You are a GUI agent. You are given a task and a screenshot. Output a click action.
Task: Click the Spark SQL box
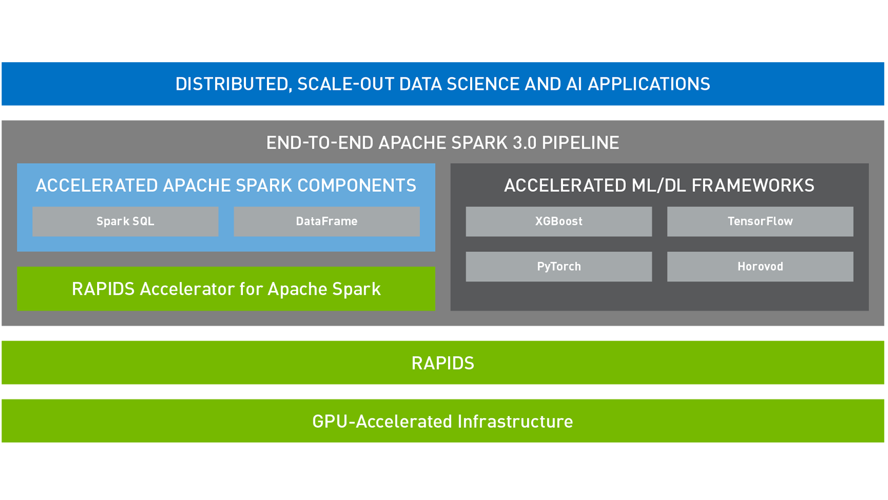[125, 221]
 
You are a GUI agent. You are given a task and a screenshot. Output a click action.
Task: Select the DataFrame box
[326, 221]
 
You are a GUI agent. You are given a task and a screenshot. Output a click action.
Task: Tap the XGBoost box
[558, 221]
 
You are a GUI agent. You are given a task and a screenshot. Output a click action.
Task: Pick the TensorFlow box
[760, 221]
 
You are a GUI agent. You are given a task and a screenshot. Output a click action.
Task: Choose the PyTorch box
[558, 267]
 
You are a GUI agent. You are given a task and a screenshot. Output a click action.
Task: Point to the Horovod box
[760, 267]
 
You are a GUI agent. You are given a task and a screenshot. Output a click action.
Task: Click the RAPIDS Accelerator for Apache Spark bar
[226, 289]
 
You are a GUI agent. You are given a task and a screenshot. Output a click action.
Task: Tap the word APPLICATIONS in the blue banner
[649, 84]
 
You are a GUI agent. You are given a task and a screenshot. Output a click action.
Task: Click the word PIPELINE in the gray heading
[580, 143]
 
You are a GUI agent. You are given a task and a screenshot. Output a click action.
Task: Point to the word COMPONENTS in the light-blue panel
[357, 186]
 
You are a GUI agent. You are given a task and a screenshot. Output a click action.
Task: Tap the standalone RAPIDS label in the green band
[442, 363]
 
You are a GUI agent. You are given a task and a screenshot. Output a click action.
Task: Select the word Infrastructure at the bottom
[515, 422]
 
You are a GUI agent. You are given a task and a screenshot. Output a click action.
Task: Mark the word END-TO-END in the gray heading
[319, 143]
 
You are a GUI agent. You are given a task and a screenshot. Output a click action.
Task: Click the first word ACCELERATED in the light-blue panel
[97, 186]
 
